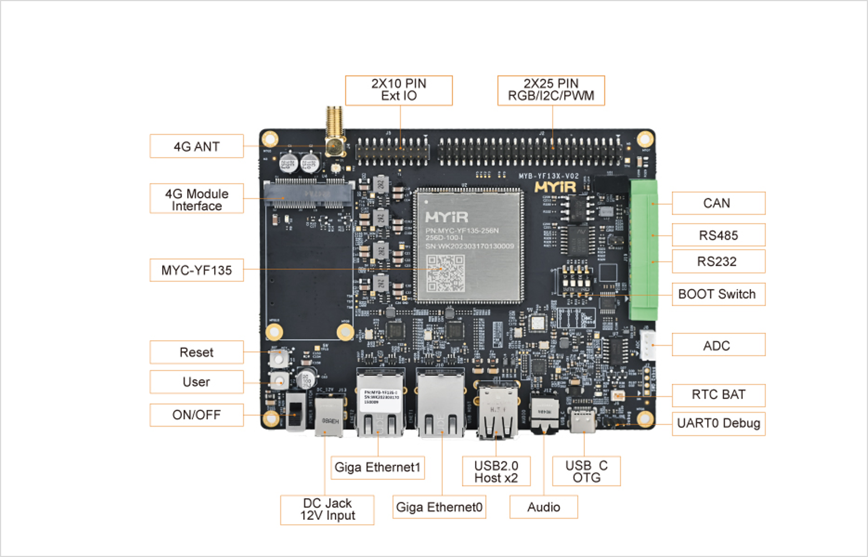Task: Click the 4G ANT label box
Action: [196, 146]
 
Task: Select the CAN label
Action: [718, 203]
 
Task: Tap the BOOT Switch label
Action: [718, 294]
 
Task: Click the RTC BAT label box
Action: [718, 395]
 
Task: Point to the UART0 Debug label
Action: [718, 423]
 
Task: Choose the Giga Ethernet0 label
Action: [439, 507]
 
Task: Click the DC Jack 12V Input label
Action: [327, 509]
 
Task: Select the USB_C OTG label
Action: [586, 472]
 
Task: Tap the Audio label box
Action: [543, 507]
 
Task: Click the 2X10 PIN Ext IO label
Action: [398, 90]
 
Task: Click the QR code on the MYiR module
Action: [445, 273]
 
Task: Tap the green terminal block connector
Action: [643, 250]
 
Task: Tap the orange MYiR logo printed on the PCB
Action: [555, 188]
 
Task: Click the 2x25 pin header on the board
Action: [530, 150]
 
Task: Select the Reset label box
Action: [196, 352]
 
